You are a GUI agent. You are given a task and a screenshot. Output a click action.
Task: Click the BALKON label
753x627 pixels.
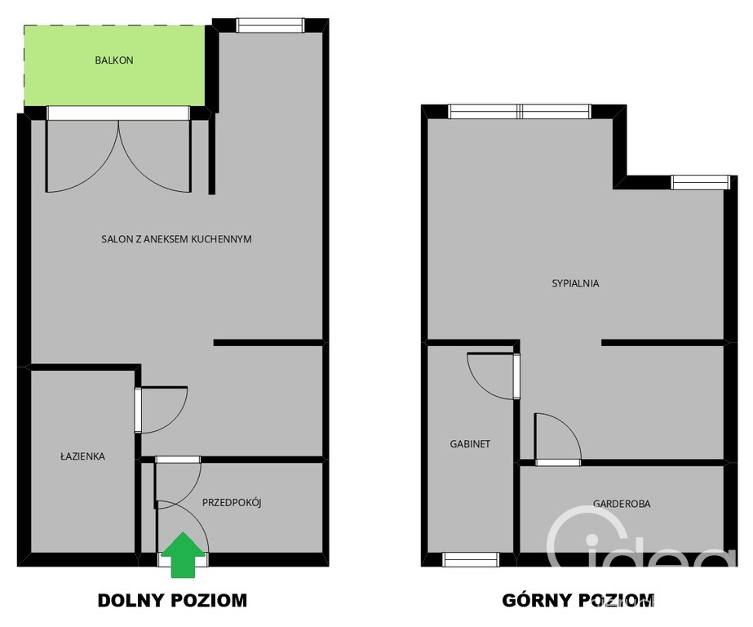click(114, 60)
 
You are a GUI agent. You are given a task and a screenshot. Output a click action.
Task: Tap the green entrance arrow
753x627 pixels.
click(183, 554)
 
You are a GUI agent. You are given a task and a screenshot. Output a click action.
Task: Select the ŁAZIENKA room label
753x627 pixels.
click(82, 456)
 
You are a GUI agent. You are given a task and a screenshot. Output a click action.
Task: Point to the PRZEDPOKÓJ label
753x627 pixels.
click(232, 503)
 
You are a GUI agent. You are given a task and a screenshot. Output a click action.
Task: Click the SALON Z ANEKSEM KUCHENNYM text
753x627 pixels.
click(176, 239)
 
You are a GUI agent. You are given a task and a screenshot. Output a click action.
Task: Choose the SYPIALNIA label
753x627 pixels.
click(575, 283)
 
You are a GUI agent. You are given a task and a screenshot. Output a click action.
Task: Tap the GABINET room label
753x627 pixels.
click(470, 444)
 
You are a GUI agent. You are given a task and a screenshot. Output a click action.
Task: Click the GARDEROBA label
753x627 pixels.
click(622, 504)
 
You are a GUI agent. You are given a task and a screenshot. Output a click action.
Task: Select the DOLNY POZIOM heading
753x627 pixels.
click(172, 601)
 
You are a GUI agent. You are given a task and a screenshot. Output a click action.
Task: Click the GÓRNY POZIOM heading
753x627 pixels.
click(578, 601)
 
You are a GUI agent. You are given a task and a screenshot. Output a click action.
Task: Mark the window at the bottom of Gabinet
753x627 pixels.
click(471, 559)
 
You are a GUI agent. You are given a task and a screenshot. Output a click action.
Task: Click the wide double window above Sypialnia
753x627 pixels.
click(520, 112)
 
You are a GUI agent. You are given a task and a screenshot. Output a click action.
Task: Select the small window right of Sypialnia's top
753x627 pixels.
click(700, 183)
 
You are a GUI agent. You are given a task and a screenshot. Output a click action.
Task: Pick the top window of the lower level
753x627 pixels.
click(270, 25)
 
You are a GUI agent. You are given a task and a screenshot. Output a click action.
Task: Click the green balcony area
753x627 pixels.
click(114, 66)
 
